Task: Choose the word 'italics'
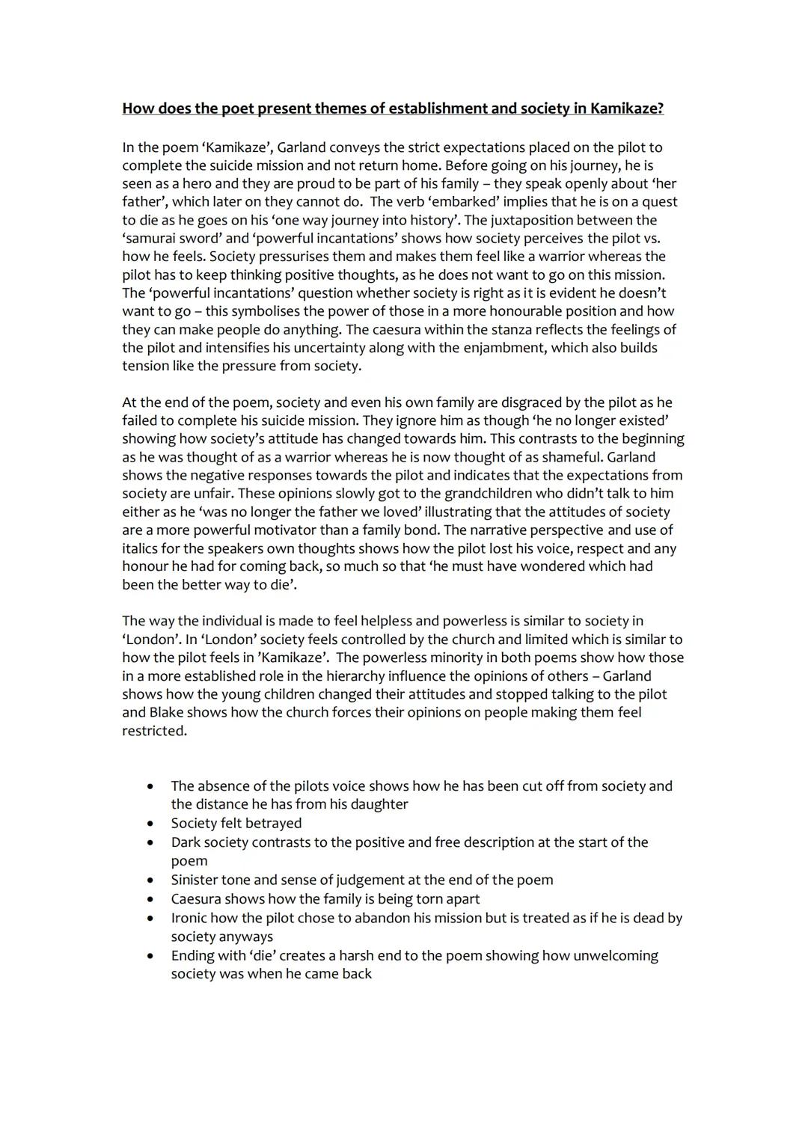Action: click(x=143, y=548)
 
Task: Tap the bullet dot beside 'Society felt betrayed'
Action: click(x=151, y=824)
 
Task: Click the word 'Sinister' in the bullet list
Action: click(x=194, y=880)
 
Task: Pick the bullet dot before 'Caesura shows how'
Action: click(x=151, y=899)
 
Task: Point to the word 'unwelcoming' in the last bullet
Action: click(x=615, y=956)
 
